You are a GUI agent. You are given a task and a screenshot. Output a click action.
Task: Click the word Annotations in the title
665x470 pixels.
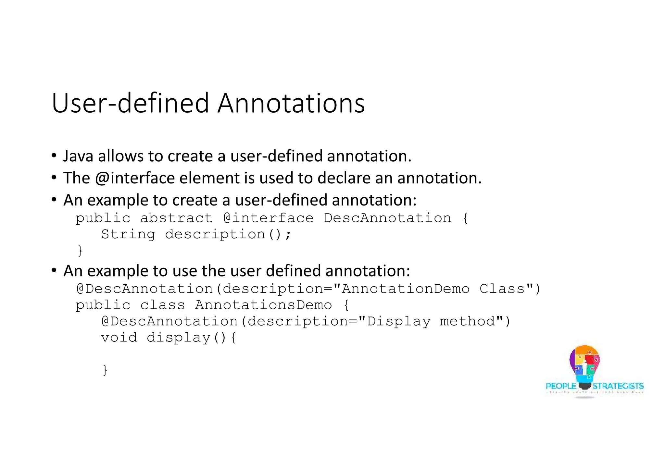point(291,103)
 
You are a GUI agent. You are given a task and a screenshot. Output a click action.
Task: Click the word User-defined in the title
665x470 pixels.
point(130,103)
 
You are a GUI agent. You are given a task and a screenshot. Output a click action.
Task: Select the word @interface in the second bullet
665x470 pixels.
point(135,178)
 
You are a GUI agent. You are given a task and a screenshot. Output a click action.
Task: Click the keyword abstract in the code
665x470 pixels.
point(176,218)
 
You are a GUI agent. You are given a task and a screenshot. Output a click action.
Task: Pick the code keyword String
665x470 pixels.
point(128,234)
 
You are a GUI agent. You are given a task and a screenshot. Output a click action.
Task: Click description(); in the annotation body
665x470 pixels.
point(228,234)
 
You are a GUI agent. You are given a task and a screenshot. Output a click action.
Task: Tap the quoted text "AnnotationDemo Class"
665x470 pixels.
point(433,289)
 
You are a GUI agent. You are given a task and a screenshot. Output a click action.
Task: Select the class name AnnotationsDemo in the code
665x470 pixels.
point(263,305)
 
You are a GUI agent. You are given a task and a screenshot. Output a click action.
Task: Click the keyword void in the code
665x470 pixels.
point(119,338)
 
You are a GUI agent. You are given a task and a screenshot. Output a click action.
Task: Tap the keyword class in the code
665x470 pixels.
point(162,305)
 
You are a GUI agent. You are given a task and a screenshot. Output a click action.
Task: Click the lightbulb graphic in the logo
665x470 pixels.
point(584,365)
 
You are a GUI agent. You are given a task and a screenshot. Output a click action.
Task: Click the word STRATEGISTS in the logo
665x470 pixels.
point(618,386)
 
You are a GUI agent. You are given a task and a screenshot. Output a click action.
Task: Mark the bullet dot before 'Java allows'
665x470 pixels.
point(54,155)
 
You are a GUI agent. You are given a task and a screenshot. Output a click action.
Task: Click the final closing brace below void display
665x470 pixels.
point(105,370)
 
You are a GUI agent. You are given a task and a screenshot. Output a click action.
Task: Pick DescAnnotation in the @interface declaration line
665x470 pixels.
point(387,218)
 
